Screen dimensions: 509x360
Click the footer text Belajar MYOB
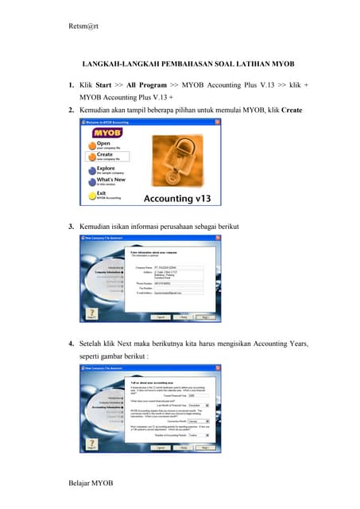[x=91, y=484]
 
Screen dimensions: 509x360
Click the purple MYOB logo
[x=103, y=132]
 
